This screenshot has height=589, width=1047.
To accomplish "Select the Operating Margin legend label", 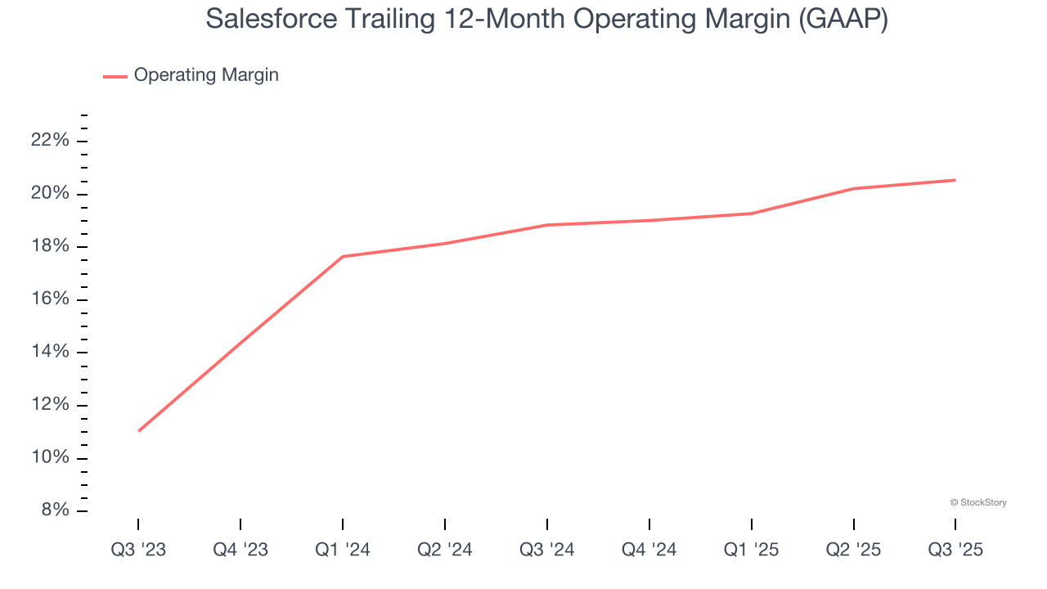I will point(206,75).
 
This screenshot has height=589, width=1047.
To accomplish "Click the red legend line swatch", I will point(115,76).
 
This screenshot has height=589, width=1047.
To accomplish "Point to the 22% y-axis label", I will point(50,141).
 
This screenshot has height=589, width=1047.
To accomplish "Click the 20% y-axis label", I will point(50,194).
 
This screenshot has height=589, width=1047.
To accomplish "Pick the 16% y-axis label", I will point(50,299).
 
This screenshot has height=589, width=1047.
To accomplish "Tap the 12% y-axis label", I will point(50,405).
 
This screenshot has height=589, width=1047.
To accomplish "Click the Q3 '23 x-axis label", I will point(138,550).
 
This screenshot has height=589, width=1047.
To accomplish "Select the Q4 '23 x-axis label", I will point(240,550).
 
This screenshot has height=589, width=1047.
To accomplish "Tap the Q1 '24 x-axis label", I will point(343,550).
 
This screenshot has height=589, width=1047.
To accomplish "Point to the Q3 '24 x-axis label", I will point(547,550).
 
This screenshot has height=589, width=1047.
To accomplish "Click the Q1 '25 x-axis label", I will point(751,550).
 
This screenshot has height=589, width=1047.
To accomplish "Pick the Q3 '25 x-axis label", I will point(955,550).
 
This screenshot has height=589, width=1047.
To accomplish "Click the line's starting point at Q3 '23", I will point(138,430).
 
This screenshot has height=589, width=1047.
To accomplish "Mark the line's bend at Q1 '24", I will point(343,257).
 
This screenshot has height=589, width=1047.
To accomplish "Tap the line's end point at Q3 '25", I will point(955,180).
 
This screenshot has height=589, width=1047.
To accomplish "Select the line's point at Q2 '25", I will point(853,189).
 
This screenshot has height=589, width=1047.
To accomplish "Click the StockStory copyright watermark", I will point(978,502).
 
